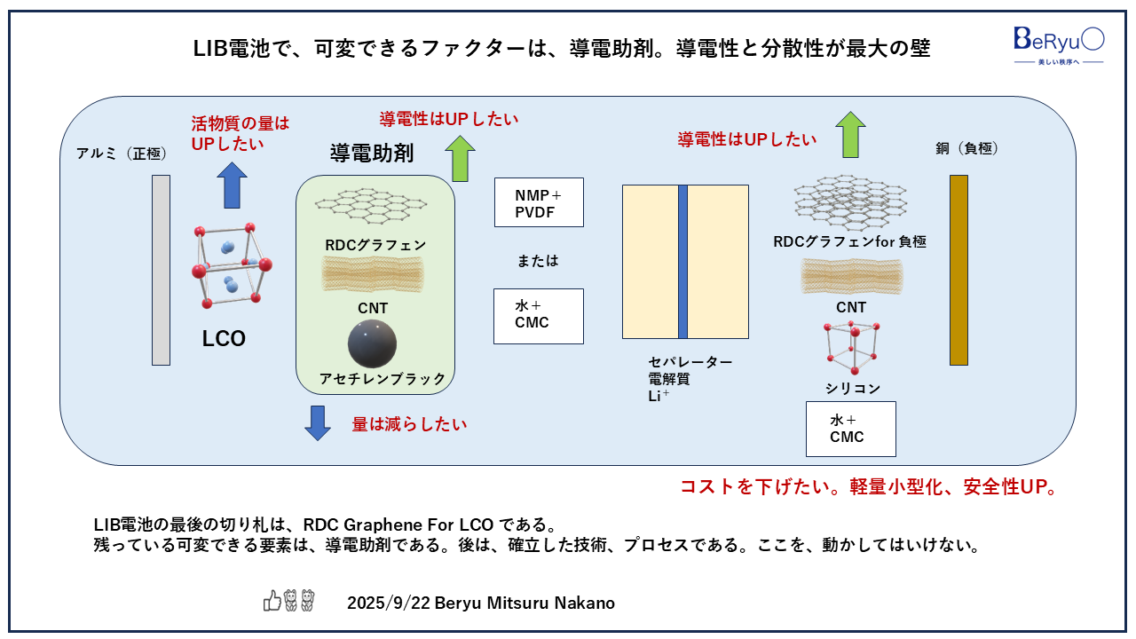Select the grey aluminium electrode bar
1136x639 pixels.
pos(161,270)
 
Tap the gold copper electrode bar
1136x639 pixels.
pos(958,270)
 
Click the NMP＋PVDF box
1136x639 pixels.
pos(539,201)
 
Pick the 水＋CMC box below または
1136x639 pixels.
pos(539,316)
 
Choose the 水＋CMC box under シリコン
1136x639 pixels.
pos(850,429)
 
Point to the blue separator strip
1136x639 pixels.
pos(682,262)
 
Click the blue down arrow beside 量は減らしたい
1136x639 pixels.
pos(317,422)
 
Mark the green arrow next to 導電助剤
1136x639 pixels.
pos(461,158)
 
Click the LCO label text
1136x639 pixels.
pos(224,339)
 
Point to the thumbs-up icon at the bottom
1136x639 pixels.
pos(272,602)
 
